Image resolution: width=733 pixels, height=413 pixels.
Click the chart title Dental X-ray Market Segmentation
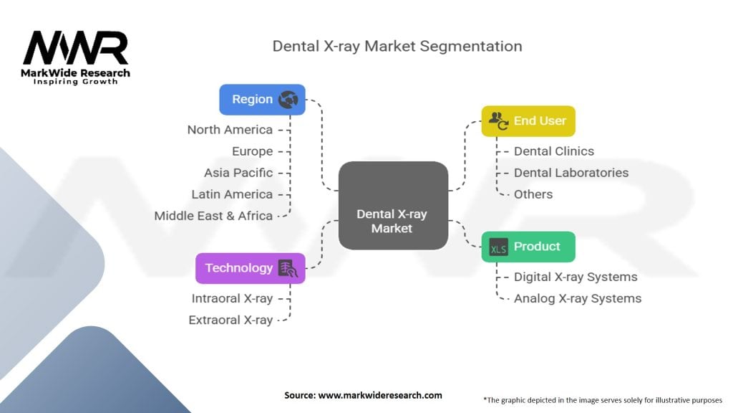pos(397,47)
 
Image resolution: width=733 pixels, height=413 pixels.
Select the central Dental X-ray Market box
pos(393,206)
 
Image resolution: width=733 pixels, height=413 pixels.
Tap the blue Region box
pos(262,100)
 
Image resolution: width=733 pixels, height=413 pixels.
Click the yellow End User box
pos(528,121)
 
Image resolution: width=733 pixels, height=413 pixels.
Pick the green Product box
pos(528,247)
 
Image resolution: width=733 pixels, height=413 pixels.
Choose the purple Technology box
pos(250,268)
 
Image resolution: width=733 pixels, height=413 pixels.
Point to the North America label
pos(230,130)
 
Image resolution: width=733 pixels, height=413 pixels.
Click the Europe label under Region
pos(252,151)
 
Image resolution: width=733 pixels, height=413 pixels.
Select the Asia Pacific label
pos(238,173)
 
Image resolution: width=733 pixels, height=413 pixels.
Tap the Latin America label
pos(232,194)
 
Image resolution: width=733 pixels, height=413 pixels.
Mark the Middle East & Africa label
pos(213,216)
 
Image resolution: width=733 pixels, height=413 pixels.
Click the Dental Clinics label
pos(554,151)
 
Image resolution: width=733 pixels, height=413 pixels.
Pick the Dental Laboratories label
pos(571,173)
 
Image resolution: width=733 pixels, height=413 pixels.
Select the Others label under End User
pos(533,194)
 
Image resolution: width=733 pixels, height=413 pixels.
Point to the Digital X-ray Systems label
pos(576,277)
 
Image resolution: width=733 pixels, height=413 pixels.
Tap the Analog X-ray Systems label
pos(578,298)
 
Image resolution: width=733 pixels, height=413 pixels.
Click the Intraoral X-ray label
pos(232,298)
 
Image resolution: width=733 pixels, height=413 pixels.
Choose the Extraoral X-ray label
pos(230,320)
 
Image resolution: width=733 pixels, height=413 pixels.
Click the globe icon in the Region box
pos(288,100)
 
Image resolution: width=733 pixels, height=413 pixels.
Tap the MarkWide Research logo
pos(76,57)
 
